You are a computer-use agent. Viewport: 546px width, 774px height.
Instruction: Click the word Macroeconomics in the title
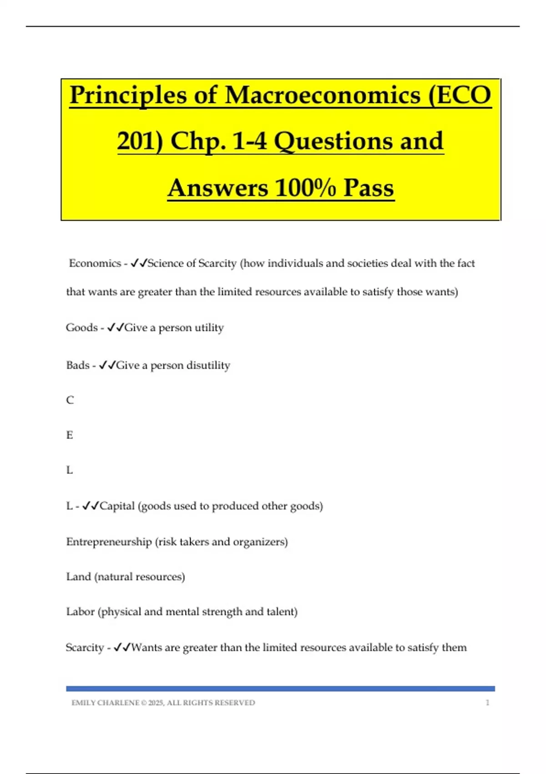pos(323,96)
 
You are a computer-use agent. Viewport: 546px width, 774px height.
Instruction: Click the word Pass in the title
pos(369,188)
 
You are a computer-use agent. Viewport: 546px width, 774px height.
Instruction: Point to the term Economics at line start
pos(95,263)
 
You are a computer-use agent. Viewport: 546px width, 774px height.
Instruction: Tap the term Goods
pos(82,327)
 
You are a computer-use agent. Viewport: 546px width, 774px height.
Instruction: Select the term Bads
pos(78,365)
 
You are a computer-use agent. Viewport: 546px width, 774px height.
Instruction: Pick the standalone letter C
pos(70,400)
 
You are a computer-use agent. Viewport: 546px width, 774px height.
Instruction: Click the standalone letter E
pos(70,435)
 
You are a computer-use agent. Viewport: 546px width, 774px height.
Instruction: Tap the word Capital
pos(117,506)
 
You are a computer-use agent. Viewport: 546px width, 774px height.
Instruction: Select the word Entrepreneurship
pos(109,542)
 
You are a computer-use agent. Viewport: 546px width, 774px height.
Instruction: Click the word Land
pos(78,577)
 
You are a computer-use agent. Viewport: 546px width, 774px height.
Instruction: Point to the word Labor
pos(80,611)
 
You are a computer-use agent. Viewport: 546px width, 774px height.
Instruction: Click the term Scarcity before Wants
pos(85,647)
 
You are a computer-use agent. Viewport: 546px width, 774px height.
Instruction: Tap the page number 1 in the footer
pos(488,703)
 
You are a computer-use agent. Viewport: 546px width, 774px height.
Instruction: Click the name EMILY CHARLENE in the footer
pos(105,703)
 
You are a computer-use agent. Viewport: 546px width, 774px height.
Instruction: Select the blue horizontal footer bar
pos(280,689)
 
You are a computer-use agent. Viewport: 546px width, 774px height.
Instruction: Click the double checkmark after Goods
pos(116,327)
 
